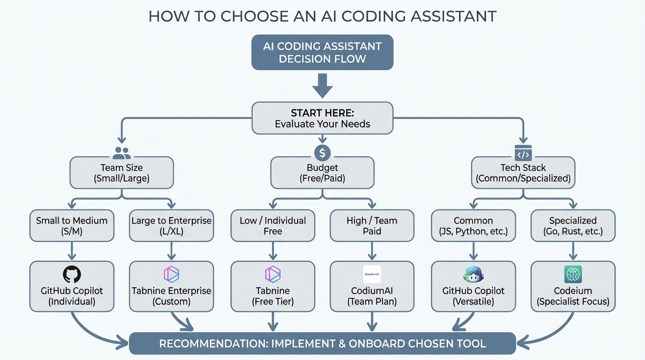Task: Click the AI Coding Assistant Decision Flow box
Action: (x=322, y=52)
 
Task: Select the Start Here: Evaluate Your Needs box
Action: (x=322, y=118)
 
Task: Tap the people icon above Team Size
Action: (x=122, y=152)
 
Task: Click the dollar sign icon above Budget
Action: (x=322, y=152)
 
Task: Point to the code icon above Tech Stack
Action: (x=523, y=153)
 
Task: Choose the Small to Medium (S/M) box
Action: (x=72, y=225)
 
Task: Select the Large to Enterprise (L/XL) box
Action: (x=172, y=225)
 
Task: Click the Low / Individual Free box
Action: (x=273, y=225)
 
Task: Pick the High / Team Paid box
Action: (x=372, y=225)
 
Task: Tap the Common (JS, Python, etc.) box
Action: (x=473, y=225)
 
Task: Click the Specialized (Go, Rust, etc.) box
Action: (x=573, y=225)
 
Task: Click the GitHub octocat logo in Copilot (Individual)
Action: (x=72, y=275)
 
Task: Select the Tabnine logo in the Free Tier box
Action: (x=273, y=275)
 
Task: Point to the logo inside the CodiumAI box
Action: (x=372, y=274)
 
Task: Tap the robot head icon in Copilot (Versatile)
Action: (x=473, y=275)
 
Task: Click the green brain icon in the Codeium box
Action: (x=573, y=275)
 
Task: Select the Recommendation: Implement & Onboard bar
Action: (x=322, y=344)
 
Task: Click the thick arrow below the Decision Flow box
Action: (x=322, y=86)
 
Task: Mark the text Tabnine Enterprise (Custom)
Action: (x=172, y=296)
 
